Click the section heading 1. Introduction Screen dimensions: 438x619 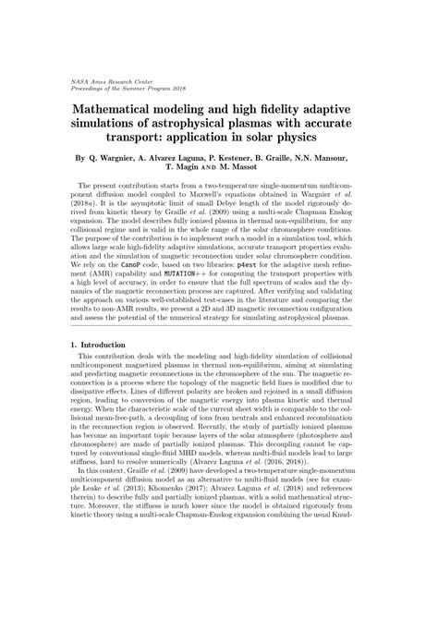[103, 370]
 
